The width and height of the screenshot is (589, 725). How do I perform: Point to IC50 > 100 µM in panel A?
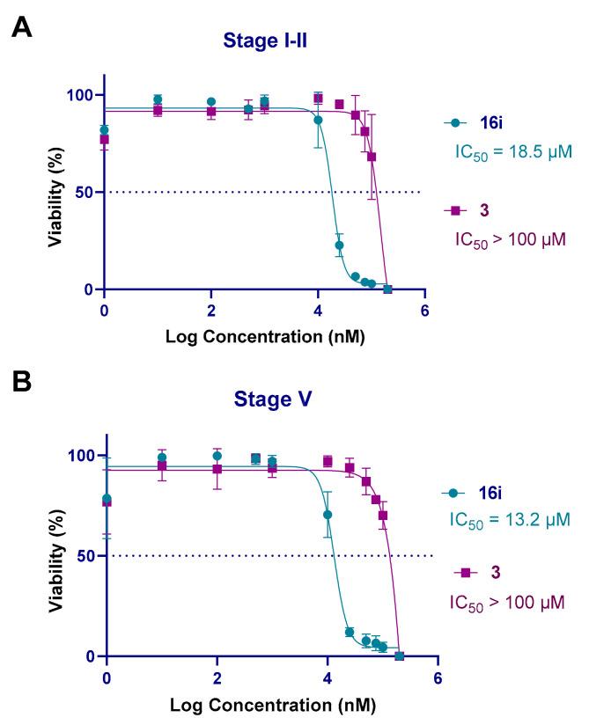512,238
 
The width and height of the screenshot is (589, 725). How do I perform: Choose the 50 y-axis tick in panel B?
83,556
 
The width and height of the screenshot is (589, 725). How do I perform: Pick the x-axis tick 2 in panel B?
217,678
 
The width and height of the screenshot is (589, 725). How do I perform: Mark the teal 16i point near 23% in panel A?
339,245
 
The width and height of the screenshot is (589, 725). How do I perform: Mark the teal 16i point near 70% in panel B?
328,515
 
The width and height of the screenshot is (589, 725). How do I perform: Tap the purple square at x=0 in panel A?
104,139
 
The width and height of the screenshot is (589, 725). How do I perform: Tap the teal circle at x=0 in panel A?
104,130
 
